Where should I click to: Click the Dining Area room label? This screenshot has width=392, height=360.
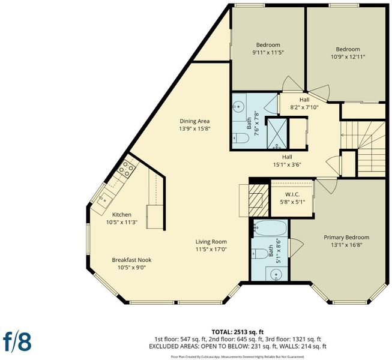tap(194, 121)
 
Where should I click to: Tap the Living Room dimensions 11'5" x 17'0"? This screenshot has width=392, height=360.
tap(211, 250)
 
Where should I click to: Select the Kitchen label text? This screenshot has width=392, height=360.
tap(122, 215)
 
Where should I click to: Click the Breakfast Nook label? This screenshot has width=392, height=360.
tap(131, 260)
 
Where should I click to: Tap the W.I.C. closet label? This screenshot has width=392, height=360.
tap(292, 194)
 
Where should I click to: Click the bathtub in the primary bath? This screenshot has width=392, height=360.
tap(271, 228)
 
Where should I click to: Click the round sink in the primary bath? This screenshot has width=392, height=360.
tap(276, 274)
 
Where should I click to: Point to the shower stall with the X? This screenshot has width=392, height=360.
tap(277, 133)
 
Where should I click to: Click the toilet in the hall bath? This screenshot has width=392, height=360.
tap(241, 138)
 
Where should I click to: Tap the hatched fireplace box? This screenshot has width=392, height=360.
tap(259, 200)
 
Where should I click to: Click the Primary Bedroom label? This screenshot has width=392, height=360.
tap(346, 238)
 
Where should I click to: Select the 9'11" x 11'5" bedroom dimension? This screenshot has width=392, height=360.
tap(268, 53)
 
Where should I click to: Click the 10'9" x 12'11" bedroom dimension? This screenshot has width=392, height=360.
tap(348, 57)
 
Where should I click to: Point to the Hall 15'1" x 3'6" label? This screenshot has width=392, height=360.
tap(287, 161)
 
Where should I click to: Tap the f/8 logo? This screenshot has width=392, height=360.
tap(17, 341)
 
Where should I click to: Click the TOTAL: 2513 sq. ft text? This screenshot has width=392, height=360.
tap(238, 332)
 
